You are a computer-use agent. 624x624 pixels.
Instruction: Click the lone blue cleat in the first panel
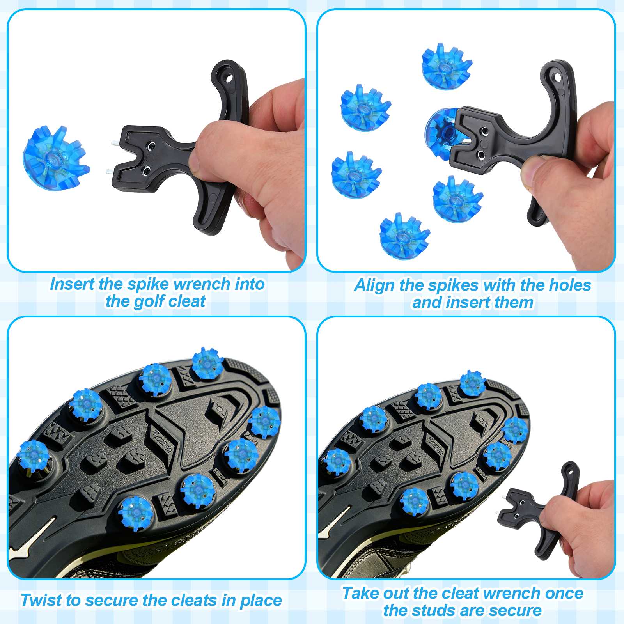point(56,158)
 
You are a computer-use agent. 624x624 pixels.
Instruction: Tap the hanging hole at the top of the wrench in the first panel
point(229,78)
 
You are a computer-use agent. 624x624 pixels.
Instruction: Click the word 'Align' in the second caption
point(374,285)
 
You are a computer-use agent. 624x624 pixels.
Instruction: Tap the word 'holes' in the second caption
point(570,285)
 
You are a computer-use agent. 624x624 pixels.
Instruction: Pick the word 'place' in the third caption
point(261,601)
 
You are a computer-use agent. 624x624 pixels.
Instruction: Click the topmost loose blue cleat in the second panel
point(447,66)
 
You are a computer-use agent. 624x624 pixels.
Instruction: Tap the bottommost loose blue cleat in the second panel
point(404,236)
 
